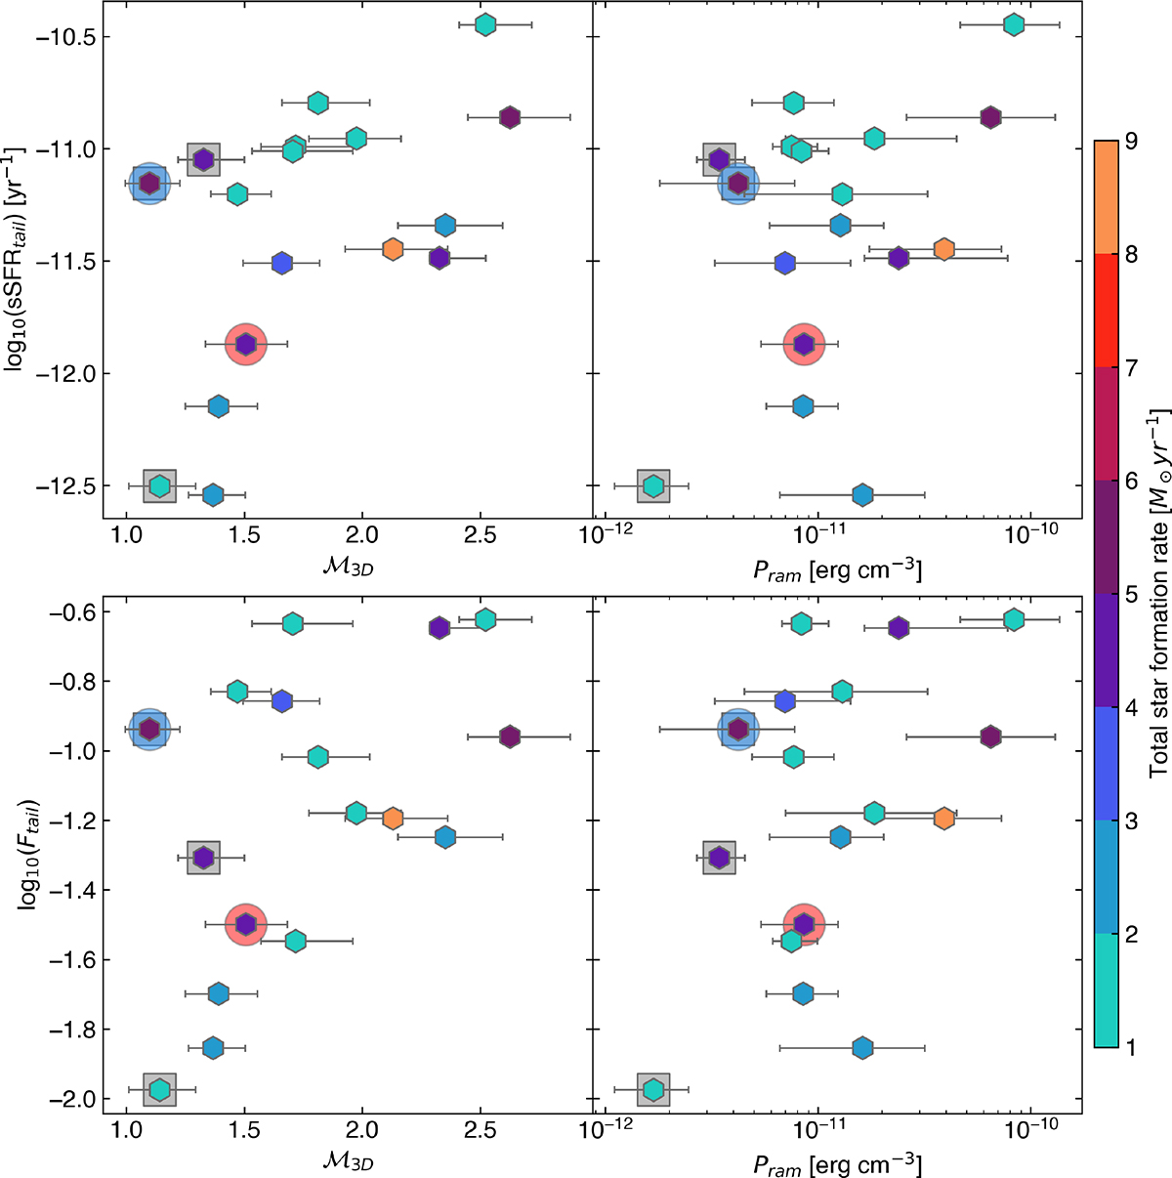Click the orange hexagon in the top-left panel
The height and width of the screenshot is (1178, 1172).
tap(393, 249)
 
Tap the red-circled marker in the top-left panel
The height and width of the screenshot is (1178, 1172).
tap(246, 344)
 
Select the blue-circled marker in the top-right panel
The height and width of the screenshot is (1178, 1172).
tap(738, 183)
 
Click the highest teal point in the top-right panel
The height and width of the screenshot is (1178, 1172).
tap(1014, 24)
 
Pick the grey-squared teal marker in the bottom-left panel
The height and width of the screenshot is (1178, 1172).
tap(159, 1089)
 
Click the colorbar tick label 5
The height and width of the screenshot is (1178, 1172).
tap(1130, 595)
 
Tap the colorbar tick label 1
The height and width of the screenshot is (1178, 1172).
tap(1130, 1047)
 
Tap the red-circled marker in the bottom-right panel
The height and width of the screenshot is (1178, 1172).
tap(804, 923)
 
